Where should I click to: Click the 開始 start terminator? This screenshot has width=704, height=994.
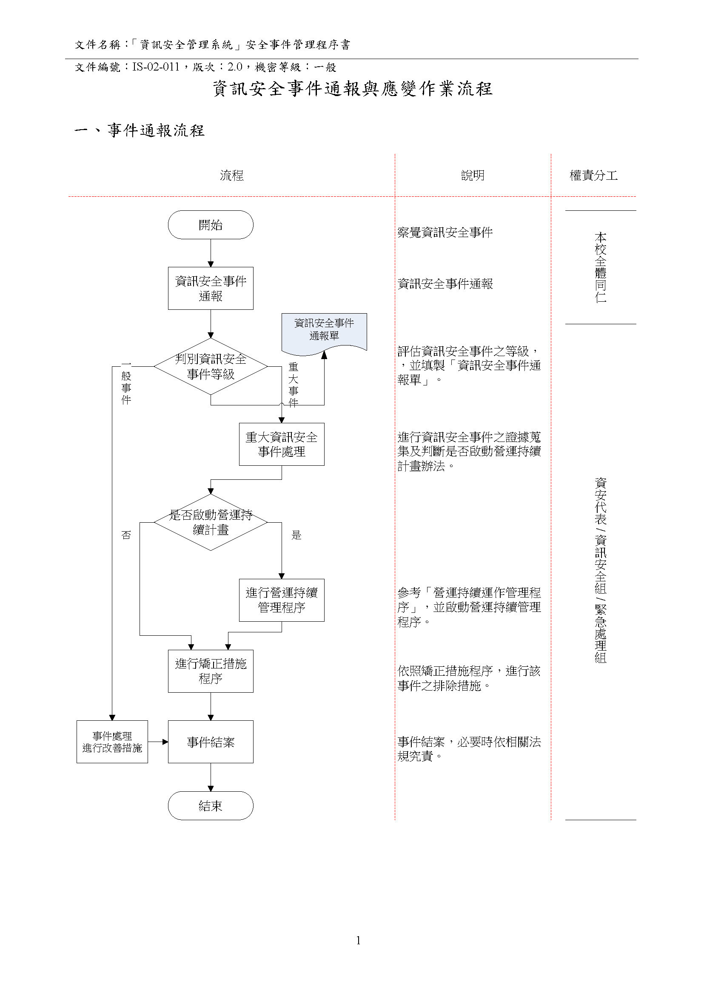click(210, 225)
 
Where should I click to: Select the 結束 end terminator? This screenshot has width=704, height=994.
click(210, 806)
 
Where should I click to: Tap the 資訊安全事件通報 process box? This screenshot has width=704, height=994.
click(210, 288)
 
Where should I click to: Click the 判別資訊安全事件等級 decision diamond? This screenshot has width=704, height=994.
click(210, 366)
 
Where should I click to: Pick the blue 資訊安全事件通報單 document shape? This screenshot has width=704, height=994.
click(324, 330)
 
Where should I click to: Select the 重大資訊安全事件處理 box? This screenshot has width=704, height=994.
click(281, 444)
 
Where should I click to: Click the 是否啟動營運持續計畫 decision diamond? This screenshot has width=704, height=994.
click(210, 522)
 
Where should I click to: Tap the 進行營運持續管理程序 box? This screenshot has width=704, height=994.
click(281, 600)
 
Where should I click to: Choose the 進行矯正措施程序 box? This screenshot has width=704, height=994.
click(210, 671)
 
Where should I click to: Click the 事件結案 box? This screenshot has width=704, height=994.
click(210, 742)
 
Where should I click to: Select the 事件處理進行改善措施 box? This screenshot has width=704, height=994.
click(112, 742)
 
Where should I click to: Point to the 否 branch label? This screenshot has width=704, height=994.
click(126, 535)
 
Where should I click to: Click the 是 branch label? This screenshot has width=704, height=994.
click(296, 535)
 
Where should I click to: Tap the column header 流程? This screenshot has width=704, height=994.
click(231, 176)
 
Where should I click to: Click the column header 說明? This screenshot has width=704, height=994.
click(473, 176)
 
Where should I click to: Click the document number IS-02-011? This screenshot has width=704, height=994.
click(156, 67)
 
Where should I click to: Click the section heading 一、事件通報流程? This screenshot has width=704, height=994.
click(140, 130)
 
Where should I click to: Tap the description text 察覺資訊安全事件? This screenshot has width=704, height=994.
click(445, 233)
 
